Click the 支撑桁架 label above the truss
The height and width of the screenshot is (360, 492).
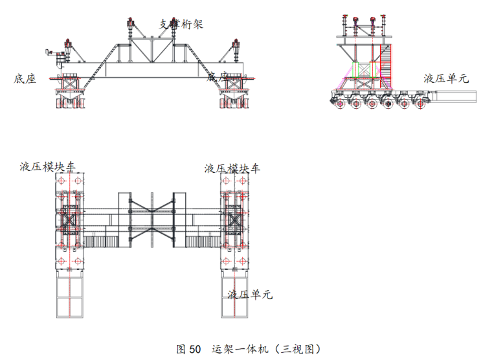181,24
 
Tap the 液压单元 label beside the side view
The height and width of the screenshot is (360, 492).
446,78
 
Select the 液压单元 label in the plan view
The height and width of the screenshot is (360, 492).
249,295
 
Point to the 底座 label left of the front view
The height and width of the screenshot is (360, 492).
25,78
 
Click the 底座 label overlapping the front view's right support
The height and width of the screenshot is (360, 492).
218,77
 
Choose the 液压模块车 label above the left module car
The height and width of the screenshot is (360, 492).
47,167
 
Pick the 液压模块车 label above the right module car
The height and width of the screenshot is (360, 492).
232,168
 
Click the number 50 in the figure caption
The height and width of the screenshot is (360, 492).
195,349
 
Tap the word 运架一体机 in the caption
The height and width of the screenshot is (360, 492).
237,349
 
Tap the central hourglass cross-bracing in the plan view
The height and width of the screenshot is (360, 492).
152,219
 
